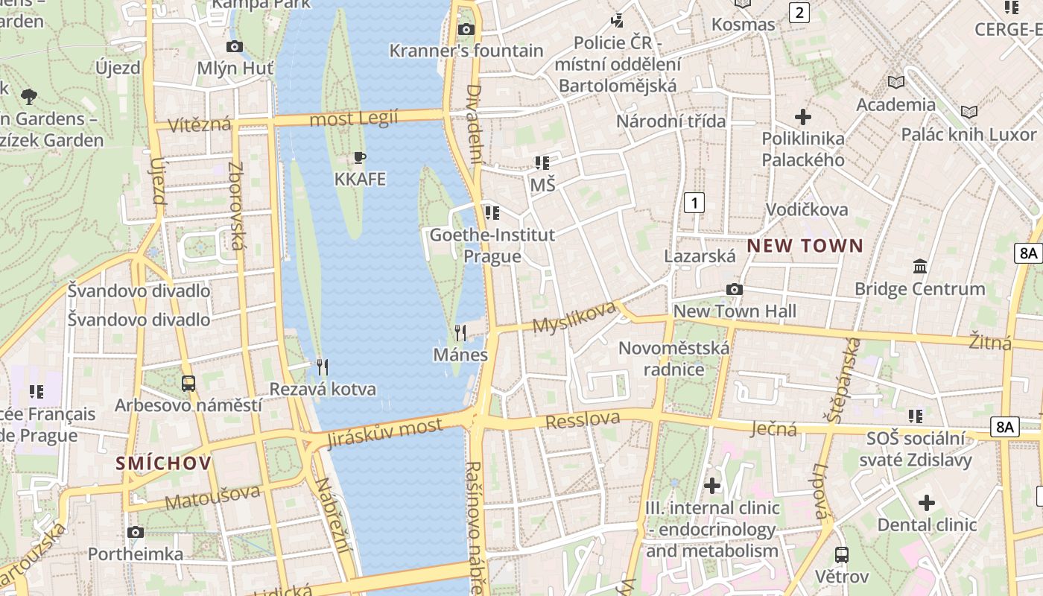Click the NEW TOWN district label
(805, 246)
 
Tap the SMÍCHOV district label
(164, 463)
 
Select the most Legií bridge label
(354, 118)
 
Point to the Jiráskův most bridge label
(384, 433)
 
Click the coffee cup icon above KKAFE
(360, 157)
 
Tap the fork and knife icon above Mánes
(460, 332)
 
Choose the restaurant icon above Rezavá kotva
(323, 367)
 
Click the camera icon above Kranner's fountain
(466, 29)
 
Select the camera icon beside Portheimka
(135, 532)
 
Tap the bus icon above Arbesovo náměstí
(188, 384)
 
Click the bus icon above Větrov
(842, 555)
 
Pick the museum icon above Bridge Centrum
(920, 266)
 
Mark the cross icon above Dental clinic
(927, 503)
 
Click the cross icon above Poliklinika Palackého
(803, 117)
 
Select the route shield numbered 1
(694, 202)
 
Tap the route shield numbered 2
(799, 12)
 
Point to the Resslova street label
(583, 420)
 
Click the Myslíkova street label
(574, 317)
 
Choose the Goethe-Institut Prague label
(492, 245)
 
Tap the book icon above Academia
(896, 82)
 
